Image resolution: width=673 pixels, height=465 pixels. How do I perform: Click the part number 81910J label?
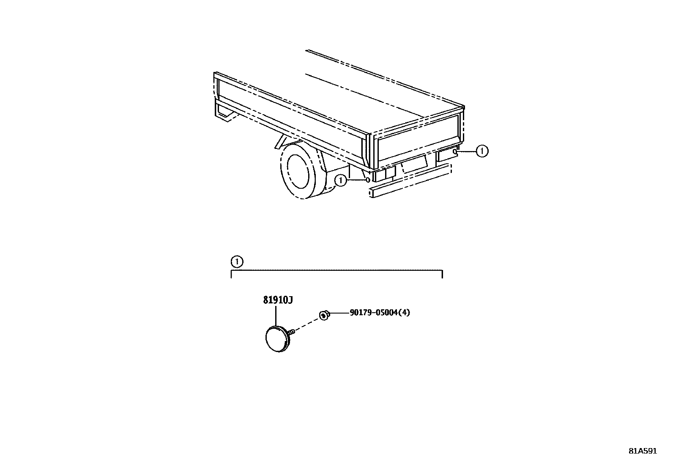pos(278,300)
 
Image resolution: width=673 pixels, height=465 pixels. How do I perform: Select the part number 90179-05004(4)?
pos(380,313)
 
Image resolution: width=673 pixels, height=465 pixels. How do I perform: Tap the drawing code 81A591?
pos(643,451)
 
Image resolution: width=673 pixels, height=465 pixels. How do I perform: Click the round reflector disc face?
pos(276,339)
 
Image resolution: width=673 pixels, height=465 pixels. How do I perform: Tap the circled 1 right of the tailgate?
pos(481,151)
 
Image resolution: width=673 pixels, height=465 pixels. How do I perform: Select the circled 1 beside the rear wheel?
pos(340,181)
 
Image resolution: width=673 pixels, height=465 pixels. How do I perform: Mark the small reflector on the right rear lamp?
pos(454,151)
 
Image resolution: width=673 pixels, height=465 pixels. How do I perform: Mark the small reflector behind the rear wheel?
pos(368,180)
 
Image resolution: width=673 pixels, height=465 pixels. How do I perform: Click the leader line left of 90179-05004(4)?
pos(339,313)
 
